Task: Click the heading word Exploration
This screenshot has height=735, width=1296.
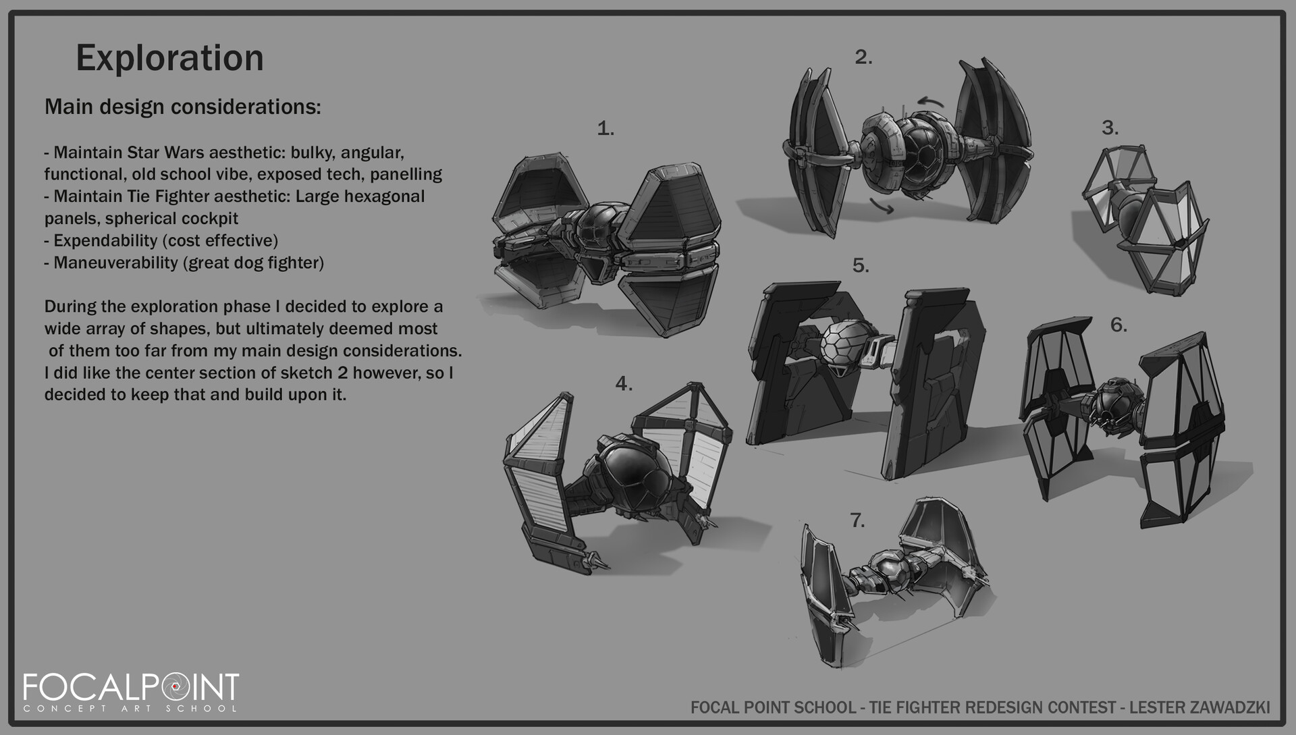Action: point(169,59)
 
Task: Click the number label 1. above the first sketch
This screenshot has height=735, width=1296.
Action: point(605,128)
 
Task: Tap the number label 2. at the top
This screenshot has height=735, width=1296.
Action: point(863,57)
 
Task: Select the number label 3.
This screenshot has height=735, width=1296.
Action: point(1110,128)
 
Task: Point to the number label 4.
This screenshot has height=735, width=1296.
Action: point(624,384)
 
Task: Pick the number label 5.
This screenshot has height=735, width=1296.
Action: point(860,266)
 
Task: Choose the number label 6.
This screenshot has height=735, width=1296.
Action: point(1118,325)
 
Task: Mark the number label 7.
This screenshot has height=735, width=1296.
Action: point(857,520)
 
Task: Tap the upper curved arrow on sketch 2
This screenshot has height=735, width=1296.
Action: point(930,102)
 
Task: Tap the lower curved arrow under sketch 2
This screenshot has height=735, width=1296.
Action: point(882,206)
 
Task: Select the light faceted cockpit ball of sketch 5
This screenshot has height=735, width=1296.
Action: point(846,345)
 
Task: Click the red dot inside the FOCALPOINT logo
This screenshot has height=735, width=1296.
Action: point(175,686)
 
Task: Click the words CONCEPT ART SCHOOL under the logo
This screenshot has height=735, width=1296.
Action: point(130,708)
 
